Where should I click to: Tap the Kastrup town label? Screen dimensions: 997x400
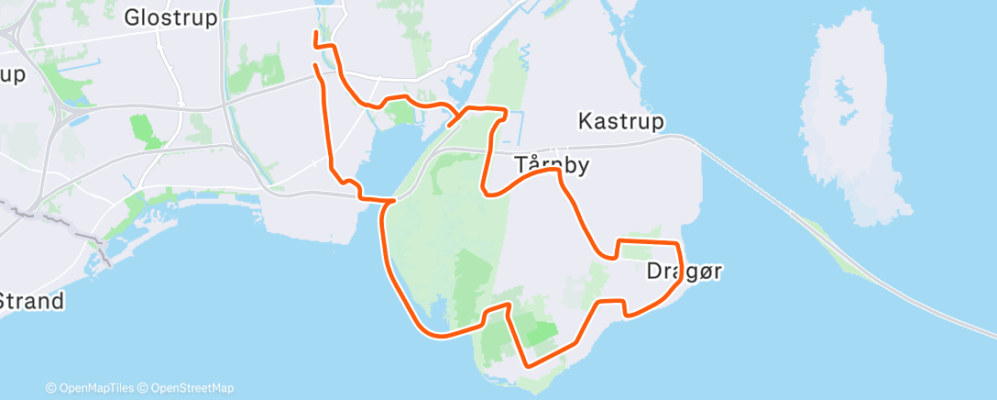pyautogui.click(x=620, y=121)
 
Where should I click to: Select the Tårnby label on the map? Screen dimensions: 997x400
pyautogui.click(x=551, y=166)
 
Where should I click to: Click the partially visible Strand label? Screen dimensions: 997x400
pyautogui.click(x=31, y=301)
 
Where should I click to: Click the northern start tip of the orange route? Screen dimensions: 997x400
pyautogui.click(x=316, y=33)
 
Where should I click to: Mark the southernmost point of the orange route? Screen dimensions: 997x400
pyautogui.click(x=529, y=365)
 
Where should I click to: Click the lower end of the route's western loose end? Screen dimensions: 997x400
pyautogui.click(x=316, y=66)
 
